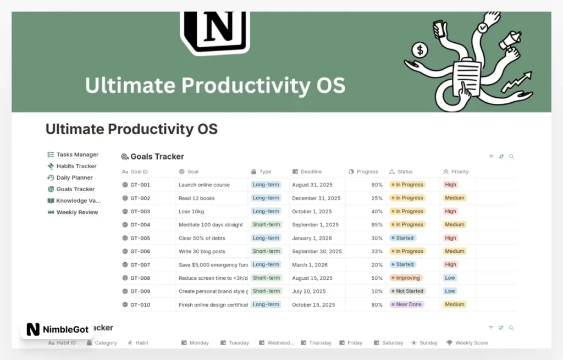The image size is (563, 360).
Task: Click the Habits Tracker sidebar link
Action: click(76, 166)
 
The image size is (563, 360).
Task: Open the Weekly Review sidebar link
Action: click(77, 212)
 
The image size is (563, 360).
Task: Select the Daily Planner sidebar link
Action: click(74, 178)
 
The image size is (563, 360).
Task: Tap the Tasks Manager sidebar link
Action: click(77, 154)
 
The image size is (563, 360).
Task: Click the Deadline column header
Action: click(311, 171)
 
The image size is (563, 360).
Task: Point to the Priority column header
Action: click(460, 171)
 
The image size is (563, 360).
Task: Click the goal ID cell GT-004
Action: click(140, 225)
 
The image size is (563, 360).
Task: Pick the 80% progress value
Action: click(377, 304)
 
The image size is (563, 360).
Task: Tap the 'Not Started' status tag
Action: click(407, 291)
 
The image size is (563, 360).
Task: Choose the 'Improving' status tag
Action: click(407, 278)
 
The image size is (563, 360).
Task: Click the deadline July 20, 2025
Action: click(309, 291)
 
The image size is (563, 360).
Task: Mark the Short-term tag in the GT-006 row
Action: click(267, 251)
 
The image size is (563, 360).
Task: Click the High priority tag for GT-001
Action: click(451, 185)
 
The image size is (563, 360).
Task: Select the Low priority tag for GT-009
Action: click(450, 291)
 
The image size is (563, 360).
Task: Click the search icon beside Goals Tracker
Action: click(511, 157)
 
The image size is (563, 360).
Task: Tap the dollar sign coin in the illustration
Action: click(421, 51)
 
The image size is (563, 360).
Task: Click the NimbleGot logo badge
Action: click(56, 329)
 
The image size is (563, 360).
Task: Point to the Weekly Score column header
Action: click(471, 343)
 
